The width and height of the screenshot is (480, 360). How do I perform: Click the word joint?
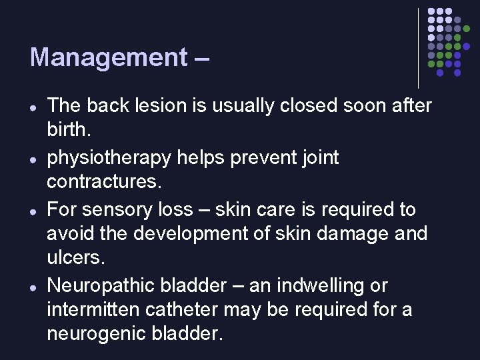321,158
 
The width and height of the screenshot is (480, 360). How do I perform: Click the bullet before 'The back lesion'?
33,107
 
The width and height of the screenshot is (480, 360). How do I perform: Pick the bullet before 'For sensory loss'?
33,211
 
